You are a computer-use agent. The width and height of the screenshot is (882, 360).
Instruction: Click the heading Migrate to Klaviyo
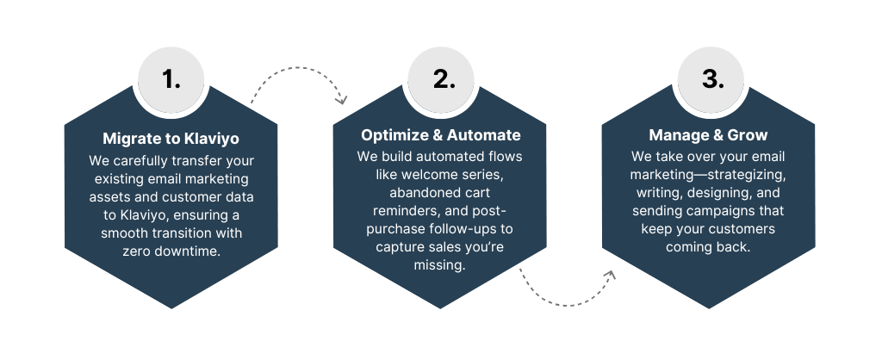[x=171, y=139]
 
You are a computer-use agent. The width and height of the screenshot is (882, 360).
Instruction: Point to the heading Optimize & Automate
[x=440, y=135]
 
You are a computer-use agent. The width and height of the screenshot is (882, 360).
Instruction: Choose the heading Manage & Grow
[x=708, y=135]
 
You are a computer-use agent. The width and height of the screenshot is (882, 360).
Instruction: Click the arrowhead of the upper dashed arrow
[x=341, y=100]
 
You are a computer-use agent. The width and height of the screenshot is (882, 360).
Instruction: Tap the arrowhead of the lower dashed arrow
[x=610, y=275]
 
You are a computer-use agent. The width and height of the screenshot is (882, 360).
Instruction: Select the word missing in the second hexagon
[x=440, y=264]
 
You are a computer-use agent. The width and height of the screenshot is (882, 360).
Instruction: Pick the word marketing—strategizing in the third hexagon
[x=708, y=174]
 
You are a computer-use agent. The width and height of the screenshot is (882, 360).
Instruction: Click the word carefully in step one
[x=138, y=161]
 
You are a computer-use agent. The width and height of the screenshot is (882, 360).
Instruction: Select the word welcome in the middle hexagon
[x=425, y=174]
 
